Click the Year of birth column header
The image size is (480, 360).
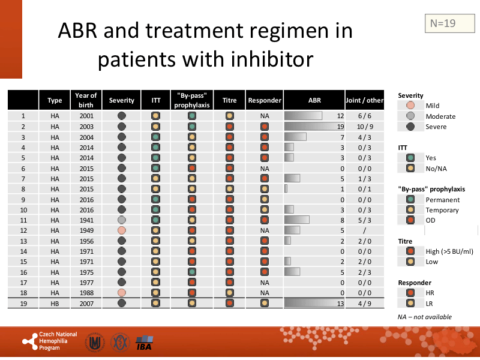pos(86,100)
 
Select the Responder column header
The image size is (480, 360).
pos(264,100)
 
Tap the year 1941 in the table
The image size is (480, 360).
pos(86,220)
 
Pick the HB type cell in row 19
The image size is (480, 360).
pos(55,303)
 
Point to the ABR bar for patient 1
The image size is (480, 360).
pos(303,116)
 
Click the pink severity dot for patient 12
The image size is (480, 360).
pos(122,230)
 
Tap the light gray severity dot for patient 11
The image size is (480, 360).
pos(122,220)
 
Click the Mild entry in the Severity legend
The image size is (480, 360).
pos(432,106)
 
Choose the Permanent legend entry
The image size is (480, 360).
pos(442,200)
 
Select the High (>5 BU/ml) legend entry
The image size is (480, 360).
pos(449,251)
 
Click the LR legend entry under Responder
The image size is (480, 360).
pos(430,303)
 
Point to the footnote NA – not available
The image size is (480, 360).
pos(425,317)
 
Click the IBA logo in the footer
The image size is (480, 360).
pos(145,343)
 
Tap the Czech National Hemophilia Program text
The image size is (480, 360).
pos(58,341)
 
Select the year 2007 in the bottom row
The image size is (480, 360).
pos(86,303)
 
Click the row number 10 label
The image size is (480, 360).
pos(23,210)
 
